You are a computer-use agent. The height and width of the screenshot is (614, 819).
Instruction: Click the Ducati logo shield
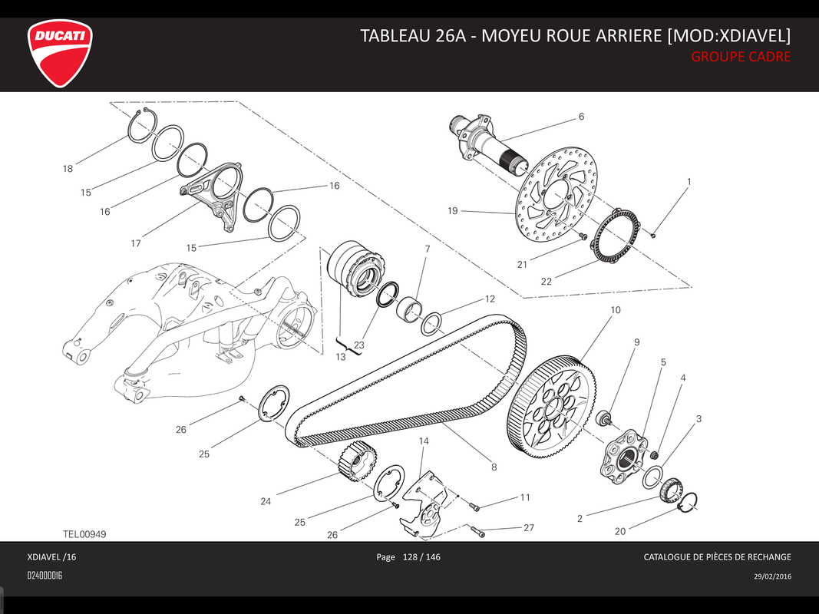tap(61, 53)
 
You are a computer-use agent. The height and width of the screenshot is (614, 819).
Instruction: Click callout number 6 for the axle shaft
tap(581, 117)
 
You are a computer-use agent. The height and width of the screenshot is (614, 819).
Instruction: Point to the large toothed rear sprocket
tap(553, 402)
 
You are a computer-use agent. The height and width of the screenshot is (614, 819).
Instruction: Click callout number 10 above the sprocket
tap(616, 311)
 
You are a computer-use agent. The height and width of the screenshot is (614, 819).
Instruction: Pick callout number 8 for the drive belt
tap(494, 466)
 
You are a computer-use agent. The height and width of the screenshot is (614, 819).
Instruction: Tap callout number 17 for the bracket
tap(136, 243)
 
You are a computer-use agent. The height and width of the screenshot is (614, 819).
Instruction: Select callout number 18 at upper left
tap(68, 168)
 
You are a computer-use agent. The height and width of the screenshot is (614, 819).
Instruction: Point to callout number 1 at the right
tap(689, 182)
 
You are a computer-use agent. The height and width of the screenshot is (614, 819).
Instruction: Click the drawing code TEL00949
tap(84, 533)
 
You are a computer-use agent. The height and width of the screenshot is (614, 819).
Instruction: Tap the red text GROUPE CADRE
tap(740, 57)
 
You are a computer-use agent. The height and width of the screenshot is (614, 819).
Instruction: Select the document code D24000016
tap(45, 576)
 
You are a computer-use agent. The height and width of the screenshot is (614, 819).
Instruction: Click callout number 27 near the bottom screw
tap(528, 528)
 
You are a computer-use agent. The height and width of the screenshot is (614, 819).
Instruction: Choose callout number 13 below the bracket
tap(340, 357)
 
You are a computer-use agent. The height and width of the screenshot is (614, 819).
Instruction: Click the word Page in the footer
tap(385, 557)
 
